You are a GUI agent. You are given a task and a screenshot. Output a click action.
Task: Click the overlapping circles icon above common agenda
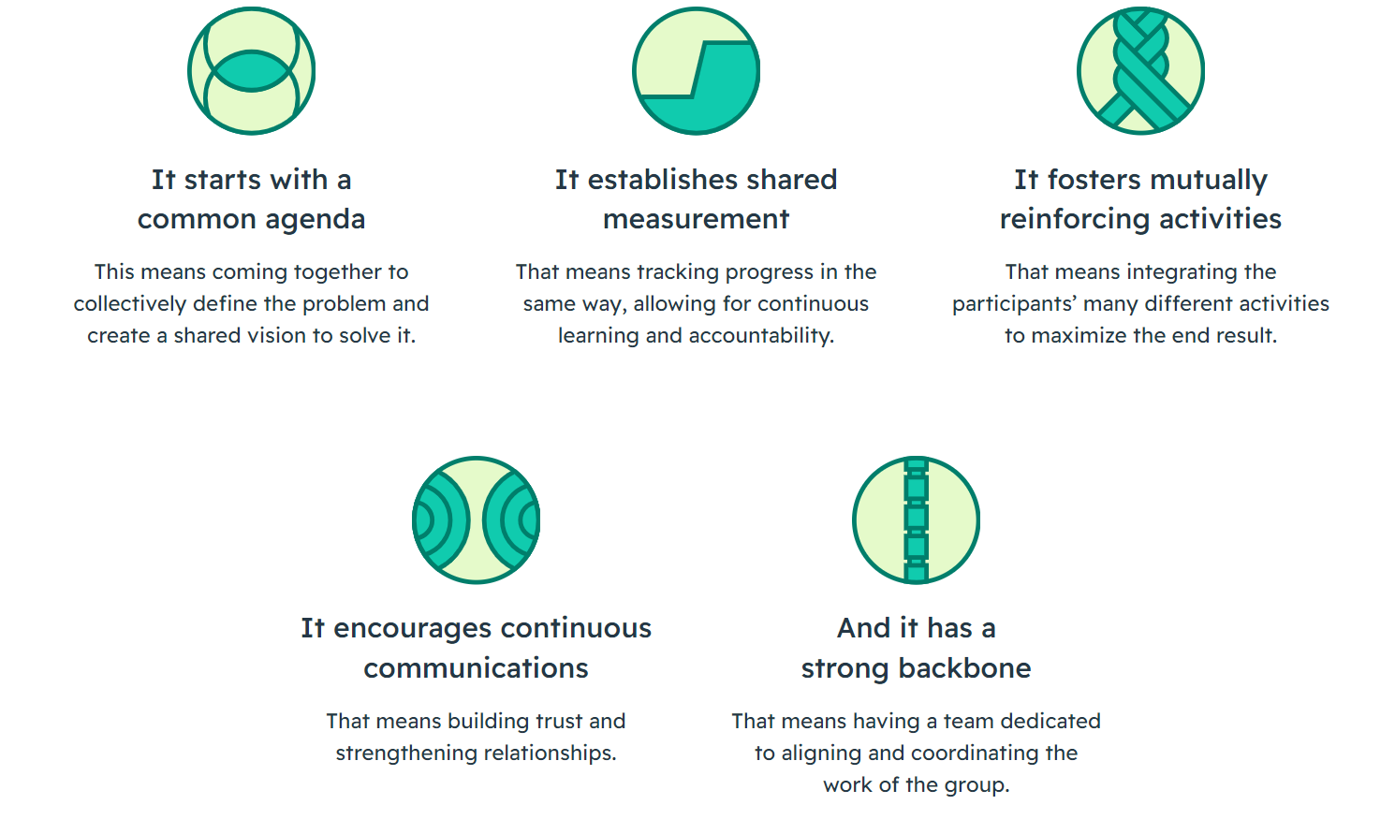(251, 71)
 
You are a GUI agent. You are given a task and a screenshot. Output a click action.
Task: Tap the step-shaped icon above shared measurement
(696, 71)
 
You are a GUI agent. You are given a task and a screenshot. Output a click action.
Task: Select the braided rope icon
(1140, 71)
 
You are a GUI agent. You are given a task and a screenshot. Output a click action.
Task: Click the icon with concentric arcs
(476, 520)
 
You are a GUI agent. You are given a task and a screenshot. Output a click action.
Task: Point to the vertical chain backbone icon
(916, 520)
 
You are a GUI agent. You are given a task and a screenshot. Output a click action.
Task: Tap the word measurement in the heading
(696, 219)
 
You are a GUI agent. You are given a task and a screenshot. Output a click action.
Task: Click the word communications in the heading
(476, 668)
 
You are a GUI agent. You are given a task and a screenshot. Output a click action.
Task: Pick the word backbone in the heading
(964, 668)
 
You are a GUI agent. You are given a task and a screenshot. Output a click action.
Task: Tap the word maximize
(1081, 336)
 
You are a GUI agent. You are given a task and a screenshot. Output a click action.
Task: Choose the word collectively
(129, 304)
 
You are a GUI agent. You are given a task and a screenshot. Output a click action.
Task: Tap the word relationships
(546, 754)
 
